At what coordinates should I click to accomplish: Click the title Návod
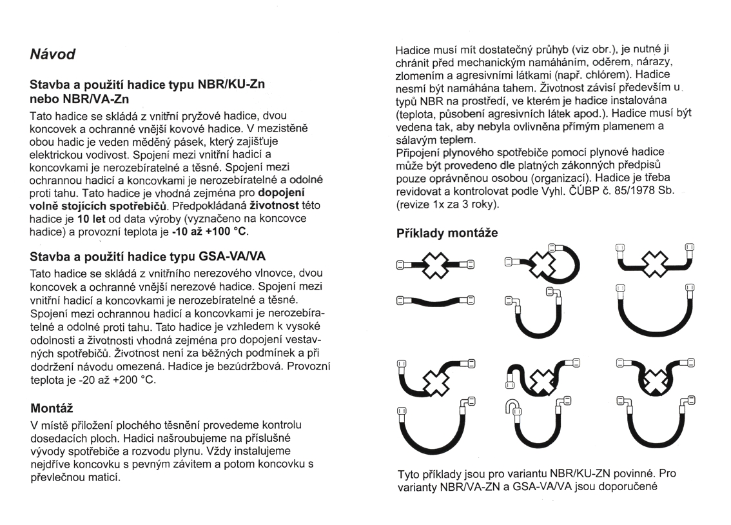[x=53, y=55]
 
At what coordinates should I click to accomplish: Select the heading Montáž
[x=52, y=408]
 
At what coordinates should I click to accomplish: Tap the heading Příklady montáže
[x=447, y=233]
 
